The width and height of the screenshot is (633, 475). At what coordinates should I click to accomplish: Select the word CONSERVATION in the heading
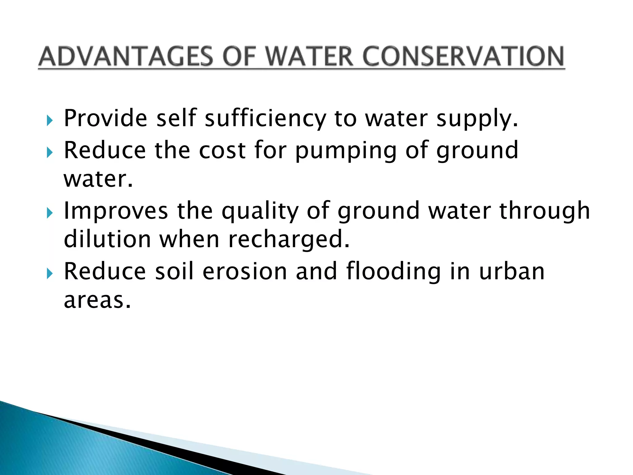(x=463, y=57)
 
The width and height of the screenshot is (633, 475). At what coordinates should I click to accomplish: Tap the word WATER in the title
(x=309, y=57)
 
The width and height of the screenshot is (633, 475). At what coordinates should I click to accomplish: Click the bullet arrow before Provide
(x=50, y=120)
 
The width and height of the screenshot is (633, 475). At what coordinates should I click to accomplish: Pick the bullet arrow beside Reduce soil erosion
(x=50, y=273)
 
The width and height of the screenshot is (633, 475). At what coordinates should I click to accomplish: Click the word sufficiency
(x=265, y=119)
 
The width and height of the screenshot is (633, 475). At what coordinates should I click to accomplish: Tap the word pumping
(x=346, y=151)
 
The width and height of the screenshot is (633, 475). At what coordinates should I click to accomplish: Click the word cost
(x=222, y=150)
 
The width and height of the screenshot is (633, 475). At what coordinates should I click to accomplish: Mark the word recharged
(x=289, y=240)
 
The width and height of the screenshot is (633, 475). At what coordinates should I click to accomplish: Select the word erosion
(x=245, y=272)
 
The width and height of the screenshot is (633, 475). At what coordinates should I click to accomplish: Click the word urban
(x=512, y=272)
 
